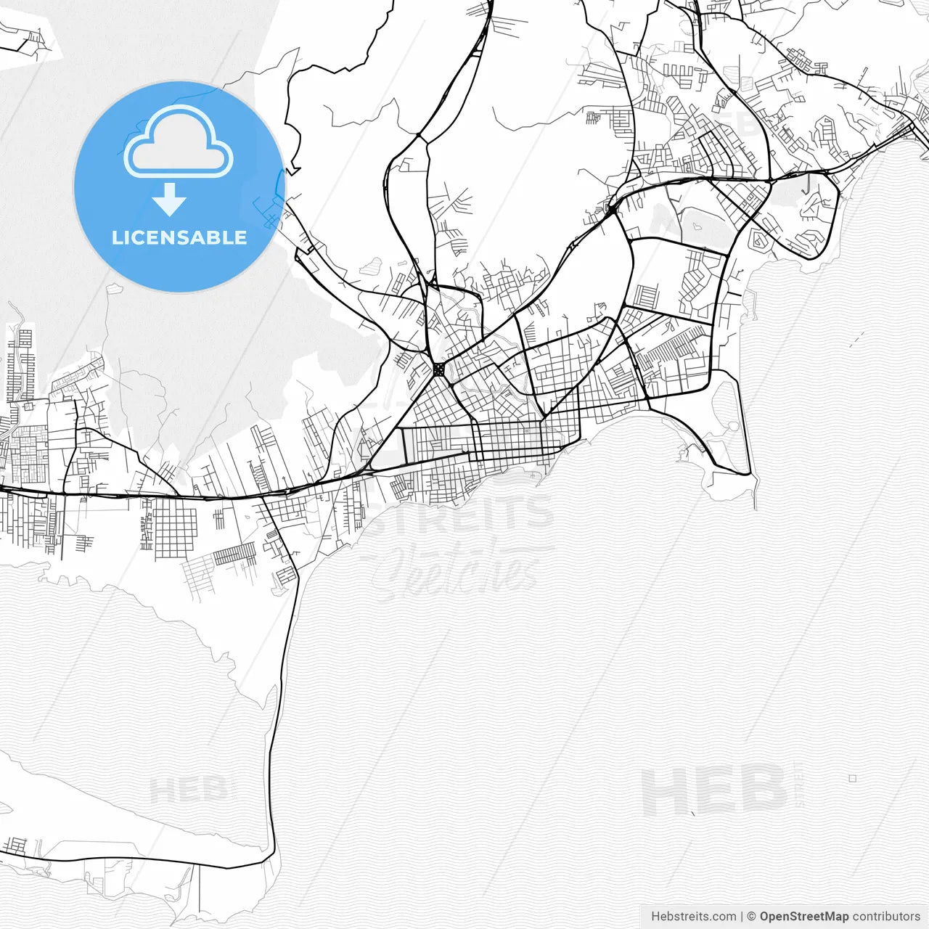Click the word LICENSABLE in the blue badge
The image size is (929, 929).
point(179,237)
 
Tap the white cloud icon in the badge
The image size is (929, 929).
point(179,142)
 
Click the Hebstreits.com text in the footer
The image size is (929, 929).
point(693,917)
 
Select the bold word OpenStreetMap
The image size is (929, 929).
point(803,917)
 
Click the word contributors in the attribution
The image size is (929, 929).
point(886,917)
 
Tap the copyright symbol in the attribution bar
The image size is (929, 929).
point(751,917)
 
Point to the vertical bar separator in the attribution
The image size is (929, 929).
point(741,917)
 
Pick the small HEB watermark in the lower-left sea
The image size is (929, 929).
point(187,790)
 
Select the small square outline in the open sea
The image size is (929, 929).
point(852,778)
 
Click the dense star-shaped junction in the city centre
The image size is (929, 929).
point(438,369)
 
